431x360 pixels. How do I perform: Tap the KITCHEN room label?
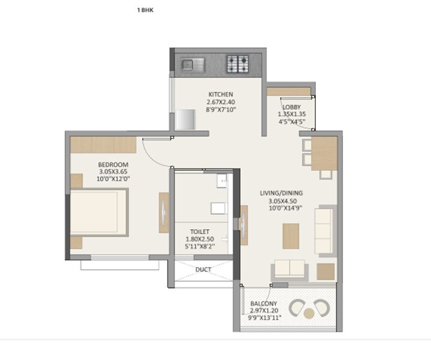coord(220,94)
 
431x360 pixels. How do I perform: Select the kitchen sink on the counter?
coord(192,62)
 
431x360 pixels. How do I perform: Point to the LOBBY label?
coord(292,107)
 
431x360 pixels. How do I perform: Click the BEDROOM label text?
coord(113,164)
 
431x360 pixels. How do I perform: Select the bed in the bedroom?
coord(99,213)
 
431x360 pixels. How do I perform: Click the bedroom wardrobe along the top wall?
coord(103,145)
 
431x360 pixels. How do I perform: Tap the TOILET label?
coord(200,230)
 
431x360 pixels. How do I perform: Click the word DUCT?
coord(203,269)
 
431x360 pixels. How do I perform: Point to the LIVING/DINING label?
coord(281,193)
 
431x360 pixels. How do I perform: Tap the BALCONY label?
coord(264,304)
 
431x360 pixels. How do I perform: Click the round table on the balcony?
coord(309,313)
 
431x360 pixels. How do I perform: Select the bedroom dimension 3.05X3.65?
coord(113,172)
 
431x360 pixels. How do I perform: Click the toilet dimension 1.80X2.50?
coord(200,238)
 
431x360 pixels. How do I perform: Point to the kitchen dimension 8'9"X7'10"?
coord(220,110)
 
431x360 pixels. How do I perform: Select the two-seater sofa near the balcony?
coord(290,269)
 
